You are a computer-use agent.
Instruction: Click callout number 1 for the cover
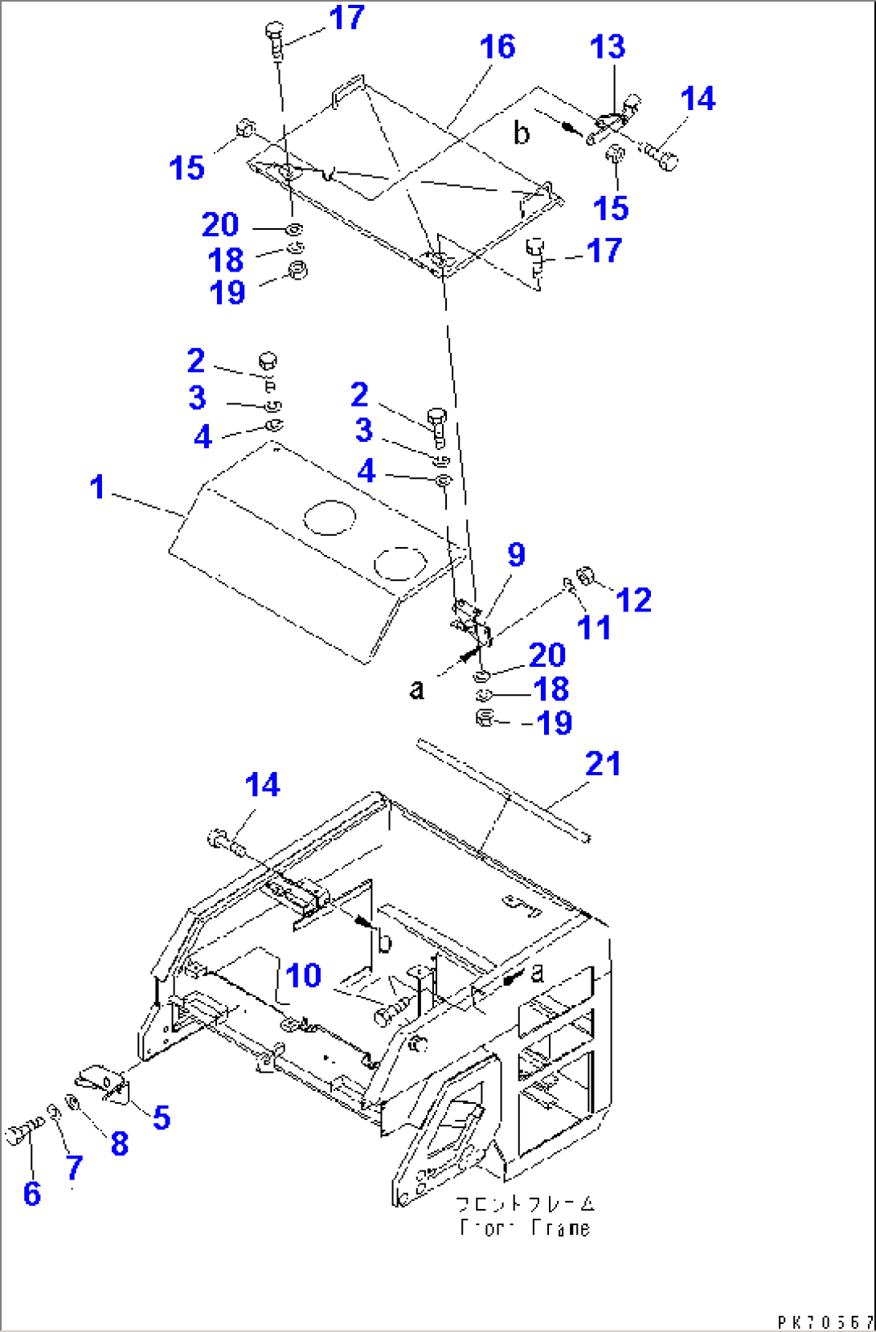[97, 487]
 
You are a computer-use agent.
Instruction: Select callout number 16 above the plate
[497, 47]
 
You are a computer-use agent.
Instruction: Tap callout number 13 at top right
[607, 47]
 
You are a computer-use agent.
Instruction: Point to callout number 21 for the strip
[603, 764]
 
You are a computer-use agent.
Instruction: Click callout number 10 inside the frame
[304, 975]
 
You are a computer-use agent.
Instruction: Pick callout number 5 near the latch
[162, 1117]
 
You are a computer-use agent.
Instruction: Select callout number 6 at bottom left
[31, 1194]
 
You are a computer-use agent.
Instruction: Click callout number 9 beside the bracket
[516, 554]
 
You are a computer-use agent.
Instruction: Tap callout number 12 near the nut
[633, 600]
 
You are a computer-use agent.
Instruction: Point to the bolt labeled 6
[19, 1134]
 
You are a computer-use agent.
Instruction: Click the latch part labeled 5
[103, 1081]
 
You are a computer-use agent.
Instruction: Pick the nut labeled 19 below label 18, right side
[484, 719]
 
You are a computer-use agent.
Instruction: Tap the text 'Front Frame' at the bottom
[526, 1228]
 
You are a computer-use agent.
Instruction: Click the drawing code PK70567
[825, 1322]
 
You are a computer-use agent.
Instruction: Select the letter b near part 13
[522, 133]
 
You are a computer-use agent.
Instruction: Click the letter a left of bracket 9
[416, 689]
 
